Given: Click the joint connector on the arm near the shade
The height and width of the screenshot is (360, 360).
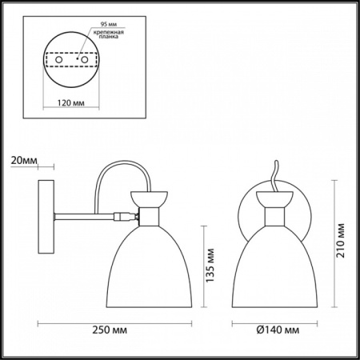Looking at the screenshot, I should click(122, 215).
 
